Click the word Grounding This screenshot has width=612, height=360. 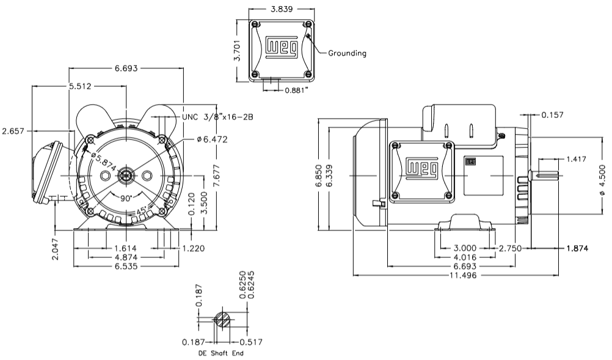pos(347,53)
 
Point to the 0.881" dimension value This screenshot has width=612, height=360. pos(296,90)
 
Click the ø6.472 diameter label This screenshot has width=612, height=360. pos(212,140)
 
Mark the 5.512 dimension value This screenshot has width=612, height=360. pos(79,87)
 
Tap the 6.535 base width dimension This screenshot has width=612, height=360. pos(125,267)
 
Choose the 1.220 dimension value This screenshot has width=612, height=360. pos(192,249)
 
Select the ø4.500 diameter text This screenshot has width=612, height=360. pos(602,183)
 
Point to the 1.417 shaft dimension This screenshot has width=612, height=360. pos(576,160)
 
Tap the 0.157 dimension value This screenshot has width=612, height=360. pos(552,115)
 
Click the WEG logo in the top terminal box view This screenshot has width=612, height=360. pos(282,48)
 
